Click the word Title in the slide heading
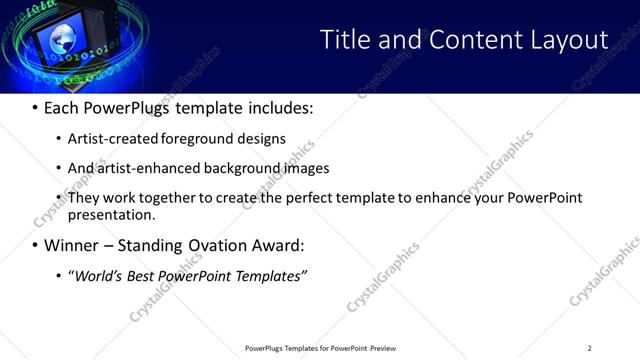click(344, 40)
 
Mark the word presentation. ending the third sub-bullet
click(112, 214)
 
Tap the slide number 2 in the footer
click(589, 348)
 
